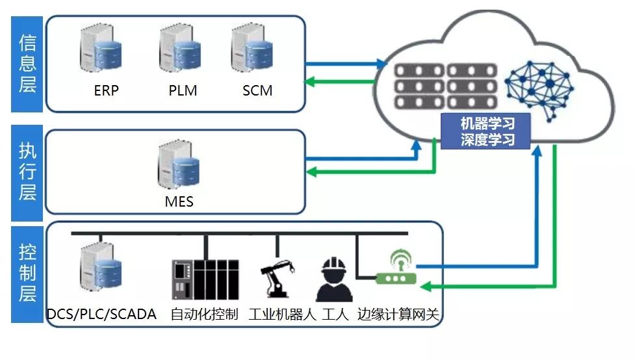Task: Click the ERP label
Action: tap(107, 90)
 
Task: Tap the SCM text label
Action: tap(257, 90)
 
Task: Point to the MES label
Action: tap(179, 202)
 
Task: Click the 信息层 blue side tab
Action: tap(27, 64)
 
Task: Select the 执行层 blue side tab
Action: tap(27, 171)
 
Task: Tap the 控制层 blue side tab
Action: tap(27, 273)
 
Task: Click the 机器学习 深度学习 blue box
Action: tap(487, 131)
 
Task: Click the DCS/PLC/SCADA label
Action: tap(101, 315)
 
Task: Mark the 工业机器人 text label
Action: tap(282, 315)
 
